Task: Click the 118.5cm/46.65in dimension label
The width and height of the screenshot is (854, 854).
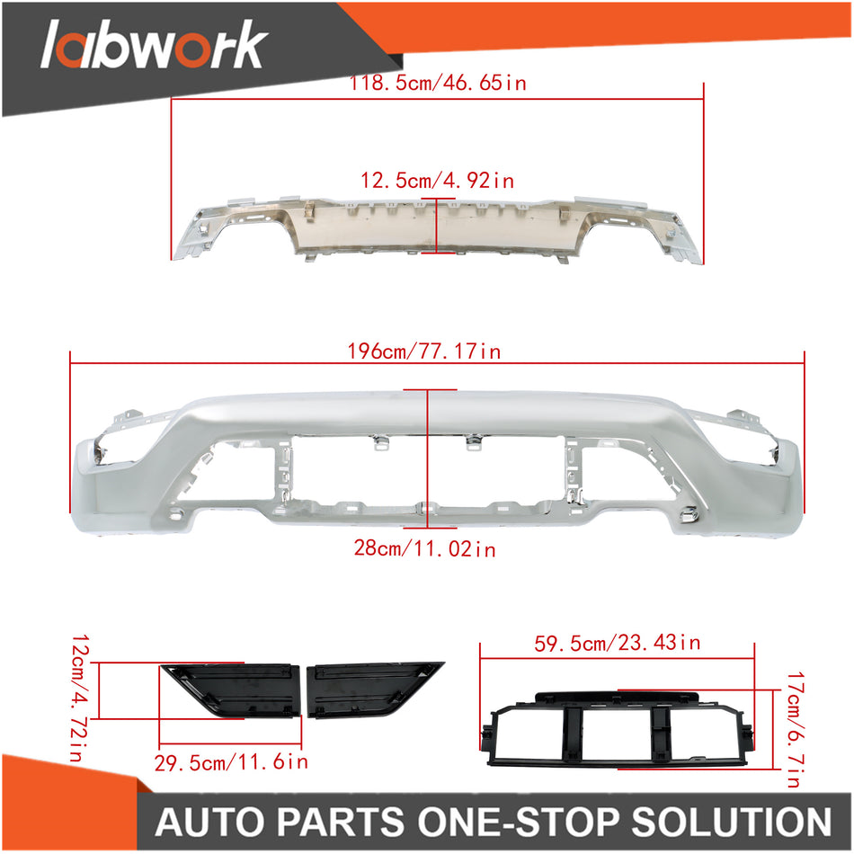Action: tap(438, 84)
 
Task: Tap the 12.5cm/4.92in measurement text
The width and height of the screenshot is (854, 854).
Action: tap(438, 181)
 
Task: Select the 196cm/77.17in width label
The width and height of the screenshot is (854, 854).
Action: tap(437, 351)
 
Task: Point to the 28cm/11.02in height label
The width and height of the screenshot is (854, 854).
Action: tap(424, 548)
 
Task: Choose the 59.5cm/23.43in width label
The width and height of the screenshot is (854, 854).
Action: tap(617, 643)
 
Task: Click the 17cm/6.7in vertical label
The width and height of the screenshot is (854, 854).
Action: tap(791, 730)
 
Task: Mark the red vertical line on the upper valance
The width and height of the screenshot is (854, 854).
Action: tap(436, 225)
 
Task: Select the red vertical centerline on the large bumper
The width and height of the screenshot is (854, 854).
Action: tap(429, 458)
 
